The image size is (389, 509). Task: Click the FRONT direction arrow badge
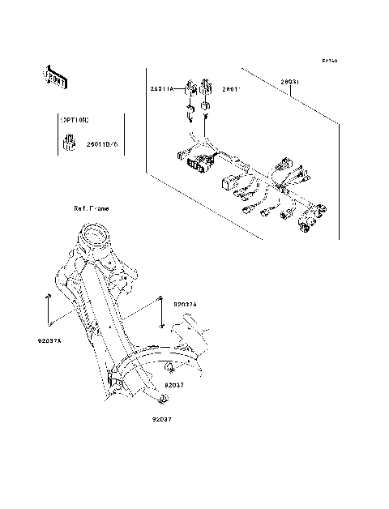click(x=55, y=76)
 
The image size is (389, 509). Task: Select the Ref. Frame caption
click(x=92, y=208)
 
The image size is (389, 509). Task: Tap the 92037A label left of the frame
click(x=49, y=341)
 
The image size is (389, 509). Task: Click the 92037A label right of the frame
click(x=186, y=303)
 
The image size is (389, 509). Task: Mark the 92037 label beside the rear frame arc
click(x=175, y=385)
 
